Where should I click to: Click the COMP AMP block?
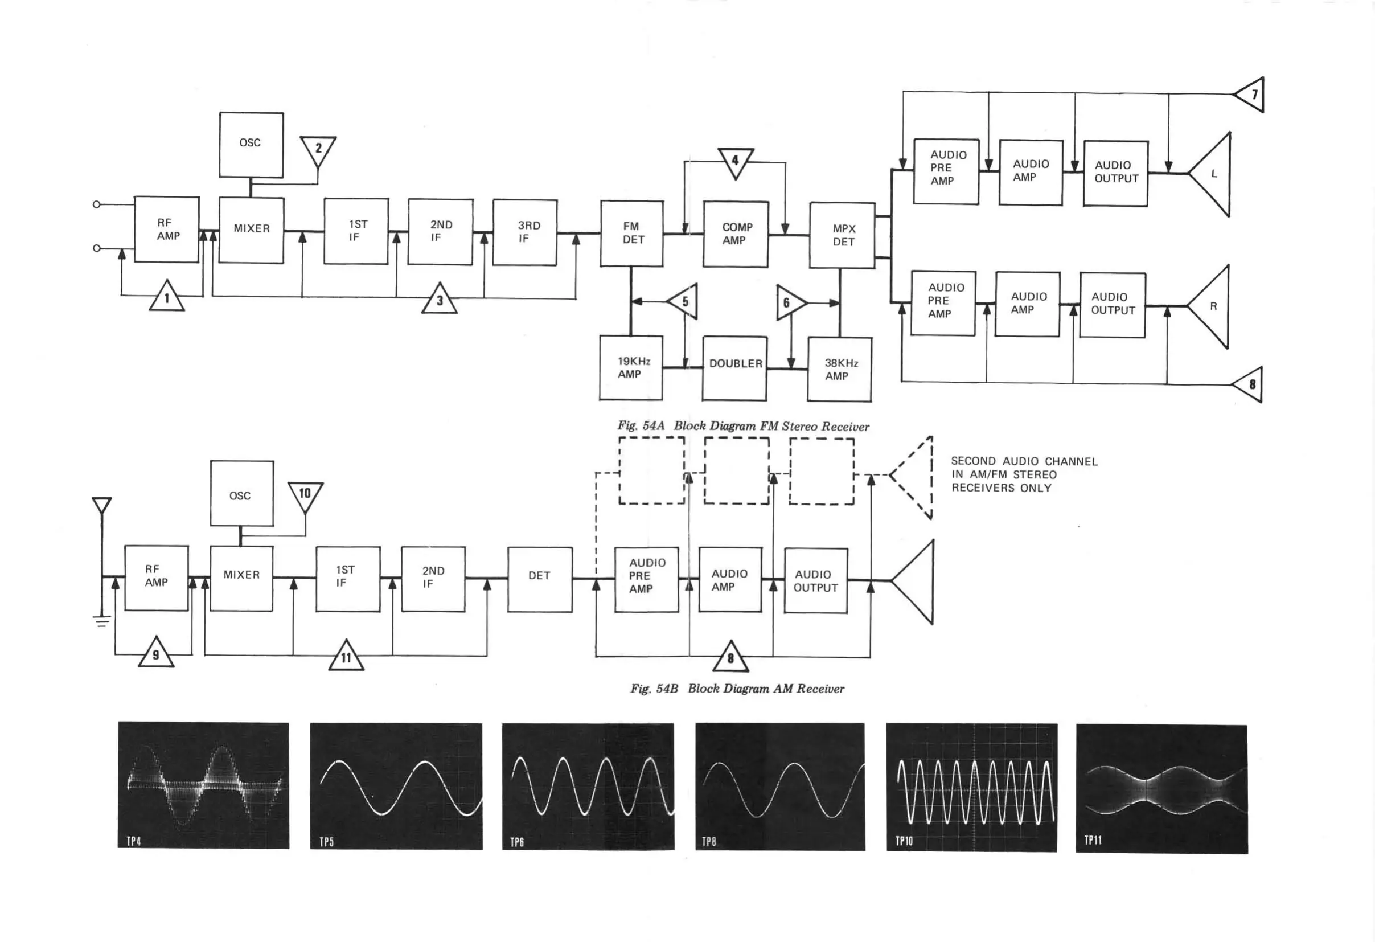click(736, 234)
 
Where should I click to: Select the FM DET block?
click(632, 233)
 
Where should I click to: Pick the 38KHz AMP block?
click(839, 369)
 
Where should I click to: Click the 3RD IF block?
click(525, 232)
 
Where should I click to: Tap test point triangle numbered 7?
click(1251, 95)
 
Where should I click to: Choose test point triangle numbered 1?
click(167, 297)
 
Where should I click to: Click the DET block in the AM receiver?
click(540, 579)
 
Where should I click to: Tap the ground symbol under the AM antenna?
click(102, 621)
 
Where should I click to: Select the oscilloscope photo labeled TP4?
click(203, 785)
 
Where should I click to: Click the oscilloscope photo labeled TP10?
click(971, 788)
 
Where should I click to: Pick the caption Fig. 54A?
click(641, 426)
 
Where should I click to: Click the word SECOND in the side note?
click(972, 461)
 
